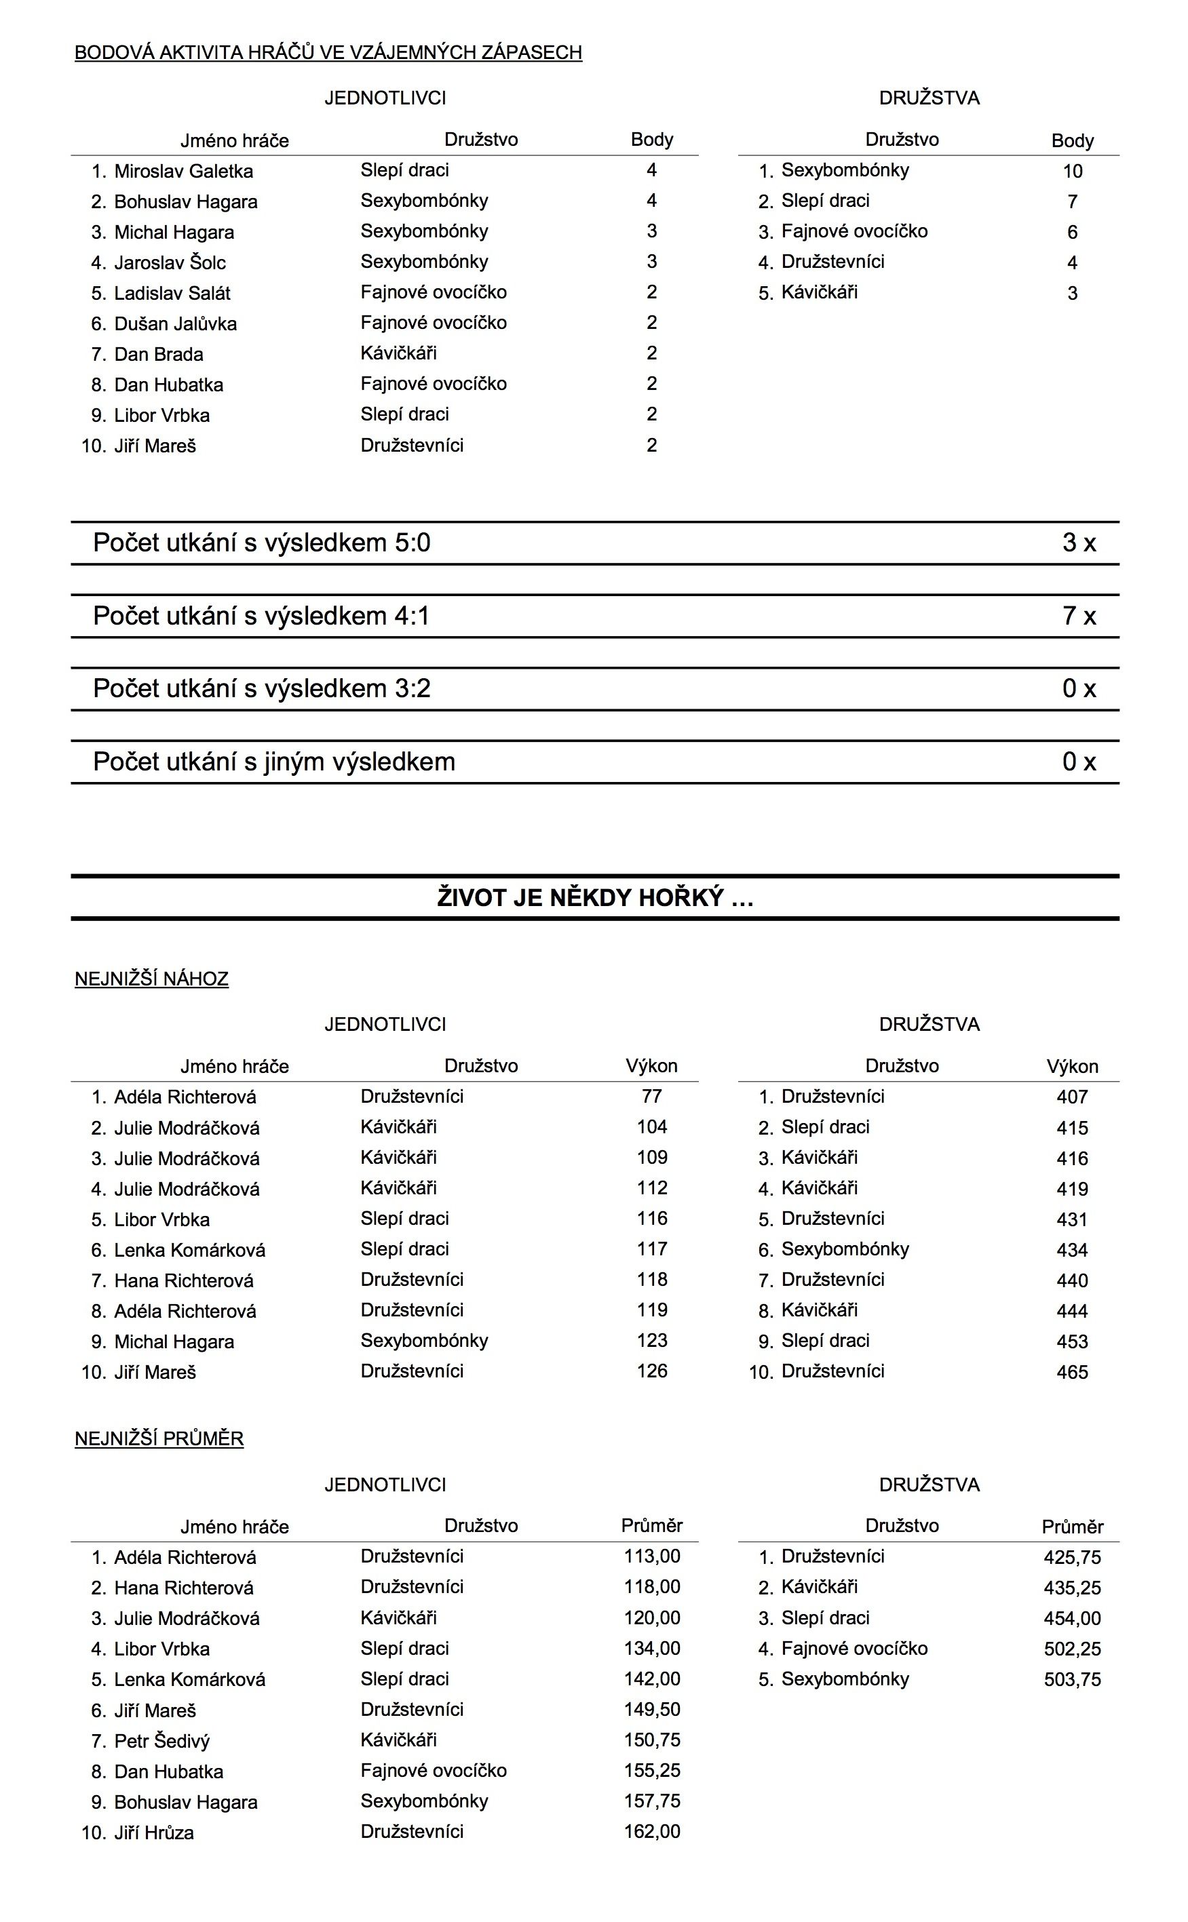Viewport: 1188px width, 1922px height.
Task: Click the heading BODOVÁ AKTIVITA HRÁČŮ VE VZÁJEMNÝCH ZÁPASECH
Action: [328, 53]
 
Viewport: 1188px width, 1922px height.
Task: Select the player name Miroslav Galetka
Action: [183, 171]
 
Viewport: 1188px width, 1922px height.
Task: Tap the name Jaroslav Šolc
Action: [170, 262]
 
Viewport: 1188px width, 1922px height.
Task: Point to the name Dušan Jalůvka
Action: [175, 323]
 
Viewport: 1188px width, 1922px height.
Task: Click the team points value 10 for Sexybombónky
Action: [1072, 171]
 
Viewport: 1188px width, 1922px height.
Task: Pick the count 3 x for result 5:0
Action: [1078, 543]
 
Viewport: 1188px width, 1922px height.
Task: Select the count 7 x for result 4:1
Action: [1078, 616]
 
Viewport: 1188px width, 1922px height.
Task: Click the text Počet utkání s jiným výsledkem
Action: [273, 762]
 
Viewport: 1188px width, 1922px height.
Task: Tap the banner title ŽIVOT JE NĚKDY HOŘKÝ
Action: [595, 897]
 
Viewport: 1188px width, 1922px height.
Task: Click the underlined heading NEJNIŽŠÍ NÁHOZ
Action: [152, 979]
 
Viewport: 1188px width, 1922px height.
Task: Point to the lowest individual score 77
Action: [651, 1097]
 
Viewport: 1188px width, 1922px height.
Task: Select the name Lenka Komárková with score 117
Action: [189, 1251]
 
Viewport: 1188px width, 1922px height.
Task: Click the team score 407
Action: [1072, 1097]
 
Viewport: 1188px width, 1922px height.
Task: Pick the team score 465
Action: [1072, 1372]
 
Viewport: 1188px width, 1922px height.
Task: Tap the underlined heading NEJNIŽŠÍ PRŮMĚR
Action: [159, 1438]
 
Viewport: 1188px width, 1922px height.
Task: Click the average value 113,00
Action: [651, 1556]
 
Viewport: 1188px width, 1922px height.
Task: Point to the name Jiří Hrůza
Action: [154, 1832]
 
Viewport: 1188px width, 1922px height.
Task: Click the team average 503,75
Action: [1072, 1679]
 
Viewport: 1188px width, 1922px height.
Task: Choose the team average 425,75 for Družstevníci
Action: [1072, 1556]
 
